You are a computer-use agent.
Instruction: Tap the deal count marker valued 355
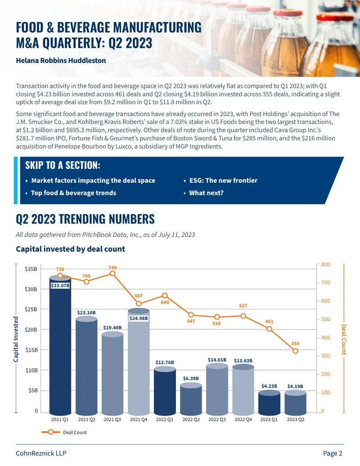295,351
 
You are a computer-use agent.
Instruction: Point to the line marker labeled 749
112,273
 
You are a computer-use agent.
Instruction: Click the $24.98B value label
139,318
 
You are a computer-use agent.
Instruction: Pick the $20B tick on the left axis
31,330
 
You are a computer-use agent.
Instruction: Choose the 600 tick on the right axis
325,301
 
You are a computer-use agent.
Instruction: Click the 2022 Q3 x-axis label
217,419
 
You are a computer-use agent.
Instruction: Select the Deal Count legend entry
64,432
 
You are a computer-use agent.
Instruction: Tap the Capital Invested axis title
16,339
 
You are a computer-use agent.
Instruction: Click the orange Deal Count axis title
344,339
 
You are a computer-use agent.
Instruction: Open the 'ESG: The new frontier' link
223,181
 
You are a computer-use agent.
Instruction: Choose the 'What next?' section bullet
206,193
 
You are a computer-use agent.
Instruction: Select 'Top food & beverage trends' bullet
74,193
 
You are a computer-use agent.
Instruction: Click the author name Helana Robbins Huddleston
61,61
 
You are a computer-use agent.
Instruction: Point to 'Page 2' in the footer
333,453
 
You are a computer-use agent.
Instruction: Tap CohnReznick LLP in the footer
41,453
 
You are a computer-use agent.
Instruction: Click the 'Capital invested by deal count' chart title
70,249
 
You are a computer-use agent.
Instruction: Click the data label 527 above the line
243,306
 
